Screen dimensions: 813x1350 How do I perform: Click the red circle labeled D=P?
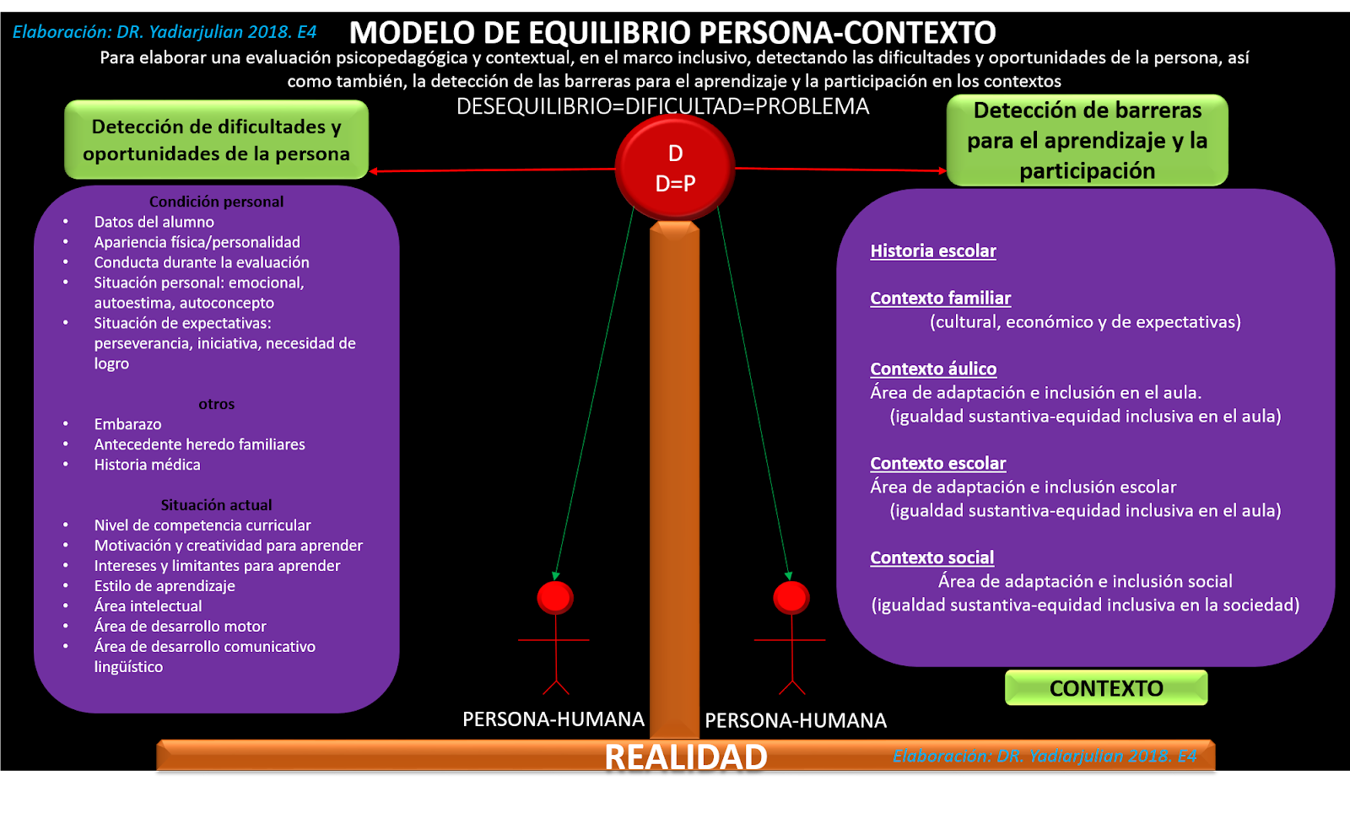pos(675,168)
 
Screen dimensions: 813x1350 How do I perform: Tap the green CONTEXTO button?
pos(1106,688)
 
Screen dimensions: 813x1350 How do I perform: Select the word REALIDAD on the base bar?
pos(685,756)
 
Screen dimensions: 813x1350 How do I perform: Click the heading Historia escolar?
pos(933,250)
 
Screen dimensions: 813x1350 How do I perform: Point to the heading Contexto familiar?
pos(940,298)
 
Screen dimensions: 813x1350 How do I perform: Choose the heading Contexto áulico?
pos(933,369)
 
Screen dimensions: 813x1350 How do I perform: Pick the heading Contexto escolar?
pos(937,463)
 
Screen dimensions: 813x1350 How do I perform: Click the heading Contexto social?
pos(931,557)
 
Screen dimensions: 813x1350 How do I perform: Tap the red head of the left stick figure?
pos(555,597)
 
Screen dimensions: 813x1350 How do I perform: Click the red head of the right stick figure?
pos(791,597)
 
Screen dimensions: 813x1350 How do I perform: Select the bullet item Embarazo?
pos(127,424)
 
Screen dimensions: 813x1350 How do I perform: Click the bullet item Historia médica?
pos(147,465)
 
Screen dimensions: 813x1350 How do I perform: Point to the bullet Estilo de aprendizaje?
pos(165,586)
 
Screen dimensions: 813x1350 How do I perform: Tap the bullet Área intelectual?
pos(148,606)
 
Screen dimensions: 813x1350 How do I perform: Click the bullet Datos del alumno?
pos(154,222)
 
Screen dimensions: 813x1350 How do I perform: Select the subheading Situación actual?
pos(216,505)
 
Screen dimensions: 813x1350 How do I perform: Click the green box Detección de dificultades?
pos(216,140)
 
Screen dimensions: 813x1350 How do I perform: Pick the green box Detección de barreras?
pos(1087,140)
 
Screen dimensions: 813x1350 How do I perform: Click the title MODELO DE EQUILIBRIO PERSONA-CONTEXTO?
pos(672,33)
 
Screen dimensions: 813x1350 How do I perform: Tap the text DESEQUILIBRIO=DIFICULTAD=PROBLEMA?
pos(662,106)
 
